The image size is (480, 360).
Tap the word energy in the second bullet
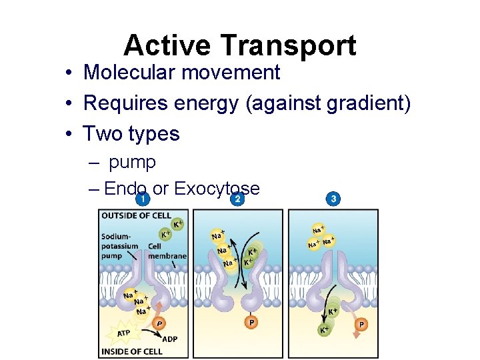pos(205,103)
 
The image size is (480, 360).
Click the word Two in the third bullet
pos(102,133)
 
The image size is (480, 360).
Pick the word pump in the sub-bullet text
pos(132,162)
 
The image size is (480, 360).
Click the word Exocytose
pos(217,189)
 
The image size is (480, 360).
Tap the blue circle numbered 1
pos(141,199)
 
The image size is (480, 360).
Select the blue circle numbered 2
pos(237,199)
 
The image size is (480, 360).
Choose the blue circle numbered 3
pos(333,199)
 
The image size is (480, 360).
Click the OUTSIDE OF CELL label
pos(135,215)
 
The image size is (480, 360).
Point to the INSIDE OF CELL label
pos(131,351)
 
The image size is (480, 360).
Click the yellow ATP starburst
pos(124,331)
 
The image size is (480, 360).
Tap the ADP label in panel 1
pos(170,338)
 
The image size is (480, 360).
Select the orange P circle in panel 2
pos(251,322)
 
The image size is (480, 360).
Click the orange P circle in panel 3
pos(361,324)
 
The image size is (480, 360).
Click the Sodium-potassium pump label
pos(120,245)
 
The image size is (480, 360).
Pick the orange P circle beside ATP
pos(159,323)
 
